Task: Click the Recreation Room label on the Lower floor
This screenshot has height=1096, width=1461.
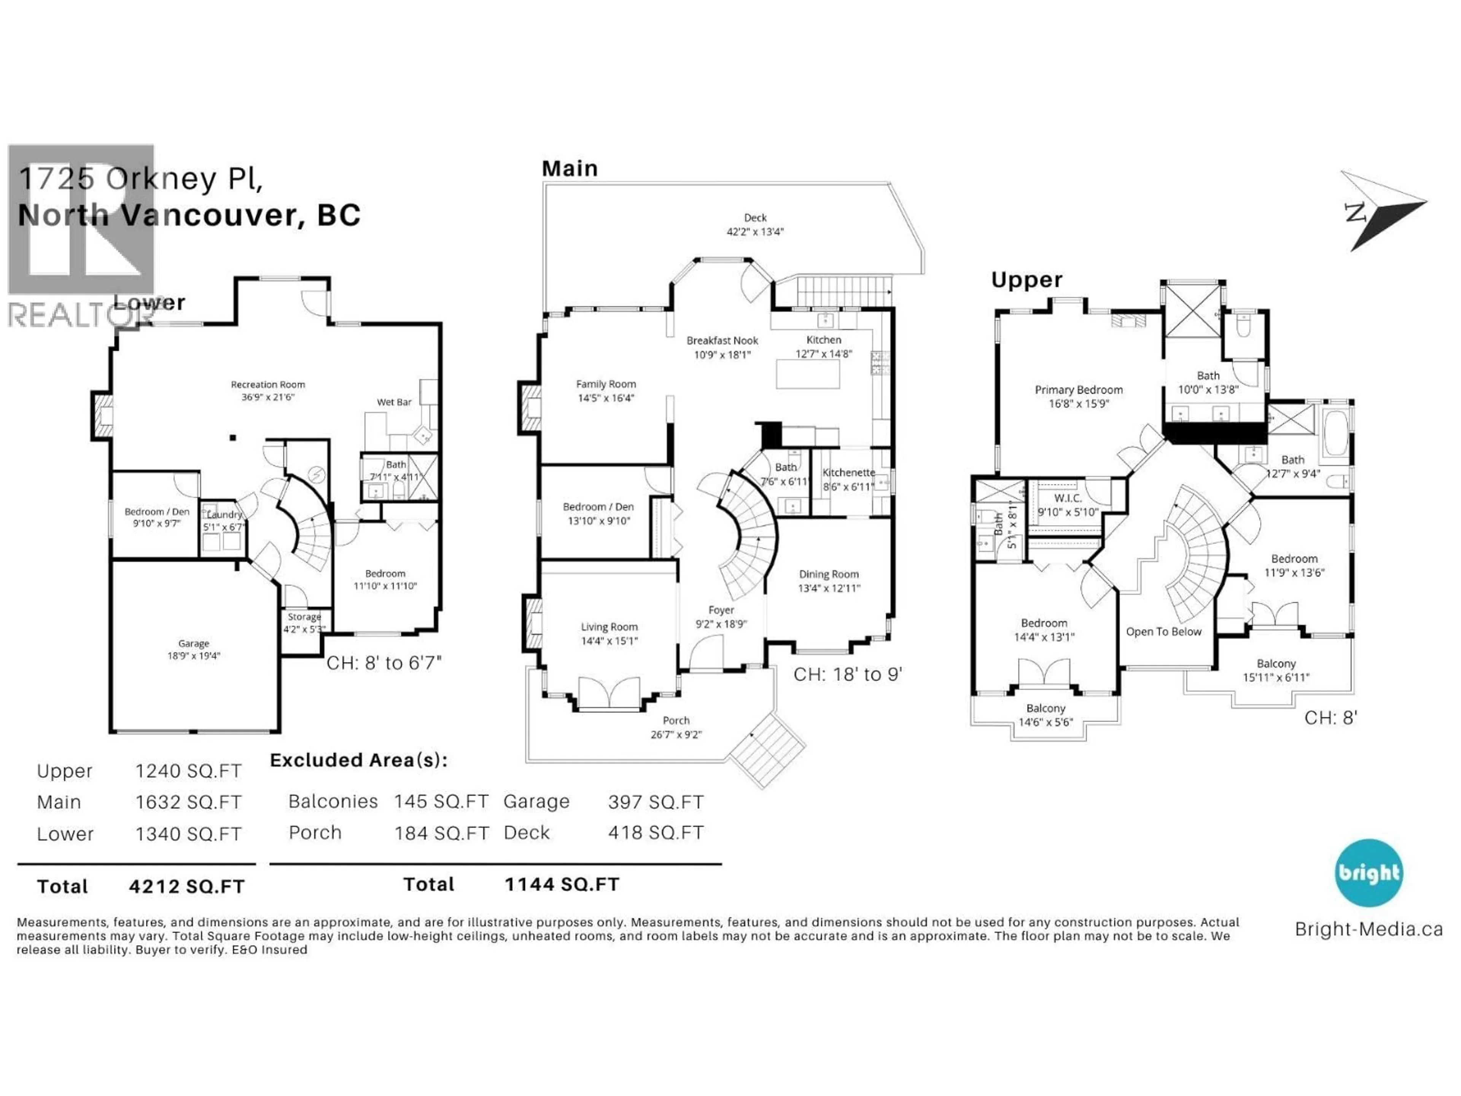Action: coord(267,384)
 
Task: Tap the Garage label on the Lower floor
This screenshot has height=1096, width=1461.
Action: coord(194,644)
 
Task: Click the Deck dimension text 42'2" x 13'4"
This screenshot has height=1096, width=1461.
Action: coord(755,232)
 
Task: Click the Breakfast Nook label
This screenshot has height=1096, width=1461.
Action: coord(722,341)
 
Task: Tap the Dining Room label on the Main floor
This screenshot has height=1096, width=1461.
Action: coord(828,574)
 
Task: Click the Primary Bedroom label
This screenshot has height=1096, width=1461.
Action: coord(1078,390)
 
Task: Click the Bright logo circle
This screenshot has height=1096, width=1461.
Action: coord(1369,873)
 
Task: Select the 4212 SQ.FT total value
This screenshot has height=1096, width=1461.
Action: coord(187,887)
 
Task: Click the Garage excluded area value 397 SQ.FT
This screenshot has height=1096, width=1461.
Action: coord(655,802)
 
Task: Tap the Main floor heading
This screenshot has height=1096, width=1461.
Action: coord(569,169)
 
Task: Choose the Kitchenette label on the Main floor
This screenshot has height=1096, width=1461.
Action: coord(848,472)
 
